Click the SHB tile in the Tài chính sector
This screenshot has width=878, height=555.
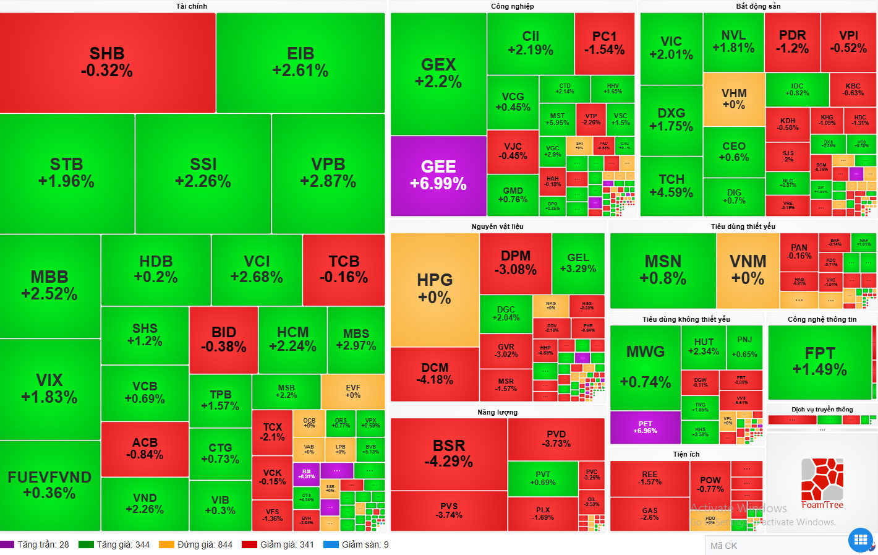pyautogui.click(x=107, y=62)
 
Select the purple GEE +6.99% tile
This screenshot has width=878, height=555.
pyautogui.click(x=438, y=175)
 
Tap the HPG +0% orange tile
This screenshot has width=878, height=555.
pyautogui.click(x=435, y=289)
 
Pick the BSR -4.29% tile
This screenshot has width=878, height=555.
pyautogui.click(x=449, y=454)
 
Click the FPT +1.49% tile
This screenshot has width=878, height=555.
pyautogui.click(x=820, y=361)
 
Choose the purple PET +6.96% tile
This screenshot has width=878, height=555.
pyautogui.click(x=645, y=427)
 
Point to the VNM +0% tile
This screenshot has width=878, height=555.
pyautogui.click(x=748, y=270)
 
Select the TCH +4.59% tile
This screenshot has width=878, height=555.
pyautogui.click(x=671, y=186)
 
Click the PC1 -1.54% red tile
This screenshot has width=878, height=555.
pyautogui.click(x=604, y=43)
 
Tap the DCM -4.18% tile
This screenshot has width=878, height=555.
pyautogui.click(x=435, y=374)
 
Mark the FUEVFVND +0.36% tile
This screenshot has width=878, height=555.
pyautogui.click(x=49, y=485)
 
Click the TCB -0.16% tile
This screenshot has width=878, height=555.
pyautogui.click(x=344, y=269)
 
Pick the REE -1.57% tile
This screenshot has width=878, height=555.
pyautogui.click(x=650, y=478)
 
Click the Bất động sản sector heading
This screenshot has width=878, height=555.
pyautogui.click(x=758, y=6)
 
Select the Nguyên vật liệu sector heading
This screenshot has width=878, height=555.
pyautogui.click(x=497, y=226)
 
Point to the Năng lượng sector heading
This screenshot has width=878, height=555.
pyautogui.click(x=497, y=412)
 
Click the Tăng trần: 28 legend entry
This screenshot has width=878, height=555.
pyautogui.click(x=35, y=544)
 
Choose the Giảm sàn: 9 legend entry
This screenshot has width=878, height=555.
pyautogui.click(x=357, y=544)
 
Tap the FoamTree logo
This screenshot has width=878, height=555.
pyautogui.click(x=822, y=483)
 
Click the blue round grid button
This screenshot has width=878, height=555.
pyautogui.click(x=861, y=540)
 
